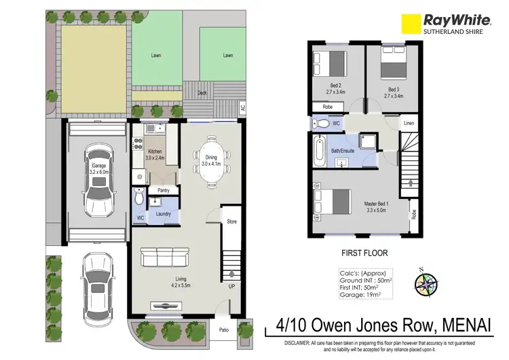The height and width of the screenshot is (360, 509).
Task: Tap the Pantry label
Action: (x=163, y=191)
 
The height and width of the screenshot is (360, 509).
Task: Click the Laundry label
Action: (x=163, y=214)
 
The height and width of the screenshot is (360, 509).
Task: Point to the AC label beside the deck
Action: (x=242, y=107)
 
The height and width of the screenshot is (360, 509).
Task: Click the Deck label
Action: (x=202, y=94)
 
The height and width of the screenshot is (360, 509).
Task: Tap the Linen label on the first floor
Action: (x=409, y=123)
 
